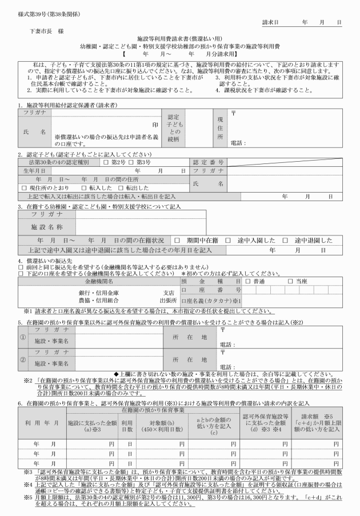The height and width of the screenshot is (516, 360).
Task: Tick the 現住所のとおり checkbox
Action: click(x=23, y=187)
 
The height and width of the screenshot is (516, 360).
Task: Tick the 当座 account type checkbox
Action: click(x=290, y=282)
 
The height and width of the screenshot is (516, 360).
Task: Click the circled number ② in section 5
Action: click(x=22, y=361)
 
